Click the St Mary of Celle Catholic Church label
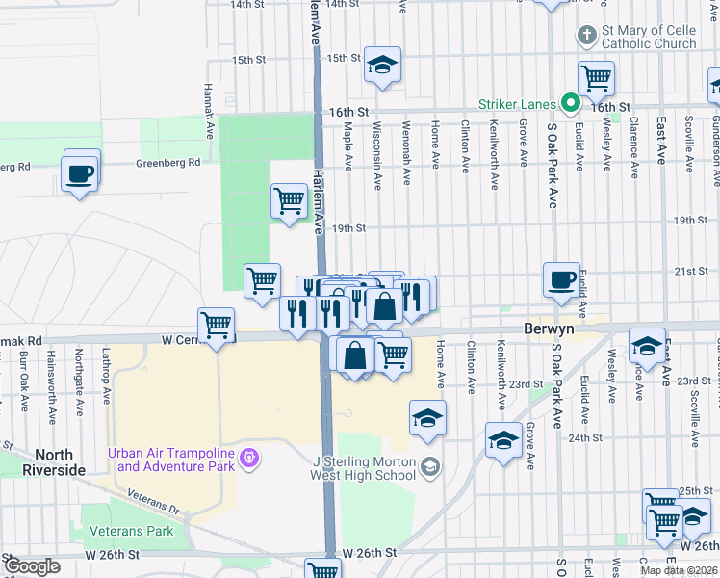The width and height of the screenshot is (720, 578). click(x=649, y=37)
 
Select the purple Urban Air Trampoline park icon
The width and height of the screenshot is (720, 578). click(x=249, y=457)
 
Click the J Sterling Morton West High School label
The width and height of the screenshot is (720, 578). click(x=364, y=467)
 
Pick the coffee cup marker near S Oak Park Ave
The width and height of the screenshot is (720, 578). click(x=562, y=279)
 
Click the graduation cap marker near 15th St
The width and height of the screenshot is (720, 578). click(x=382, y=65)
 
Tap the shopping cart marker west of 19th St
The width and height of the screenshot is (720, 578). click(x=289, y=200)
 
